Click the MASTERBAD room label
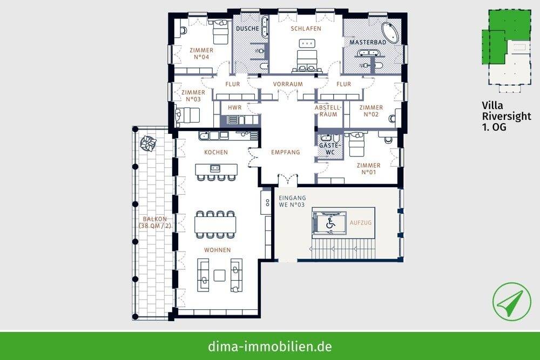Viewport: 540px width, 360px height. pyautogui.click(x=367, y=42)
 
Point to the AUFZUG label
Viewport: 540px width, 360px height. pyautogui.click(x=361, y=222)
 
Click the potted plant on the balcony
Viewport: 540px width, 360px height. pyautogui.click(x=147, y=144)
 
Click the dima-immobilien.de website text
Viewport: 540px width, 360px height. pyautogui.click(x=270, y=346)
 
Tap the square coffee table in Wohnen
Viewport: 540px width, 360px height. pyautogui.click(x=219, y=275)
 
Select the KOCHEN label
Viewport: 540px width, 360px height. pyautogui.click(x=216, y=152)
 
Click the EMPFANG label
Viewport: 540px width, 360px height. pyautogui.click(x=285, y=152)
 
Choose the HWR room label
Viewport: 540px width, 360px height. pyautogui.click(x=234, y=108)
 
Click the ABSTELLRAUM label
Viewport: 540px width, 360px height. pyautogui.click(x=326, y=111)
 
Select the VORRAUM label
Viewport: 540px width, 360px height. pyautogui.click(x=288, y=84)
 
